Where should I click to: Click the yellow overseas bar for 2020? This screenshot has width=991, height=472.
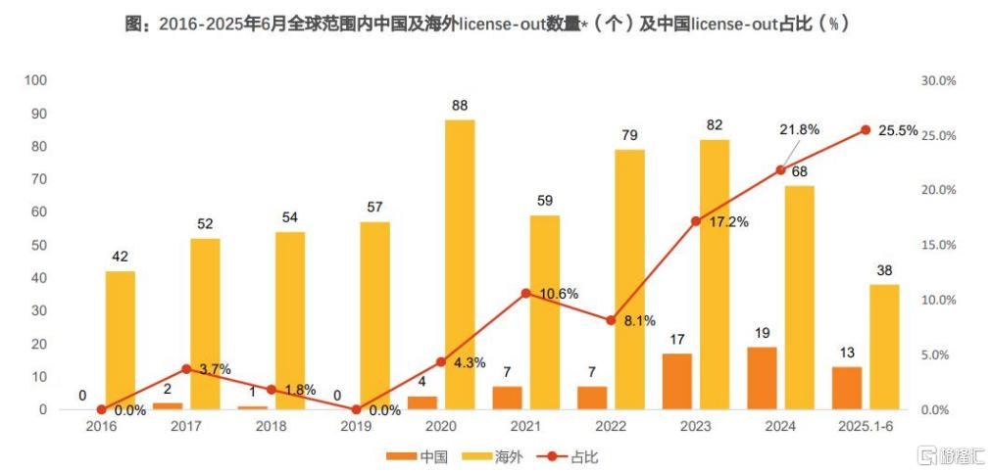[460, 264]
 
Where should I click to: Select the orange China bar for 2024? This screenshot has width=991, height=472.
[762, 378]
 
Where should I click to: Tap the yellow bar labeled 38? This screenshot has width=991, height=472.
[884, 347]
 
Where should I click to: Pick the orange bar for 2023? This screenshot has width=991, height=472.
[676, 381]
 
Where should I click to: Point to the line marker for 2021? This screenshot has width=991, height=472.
[526, 293]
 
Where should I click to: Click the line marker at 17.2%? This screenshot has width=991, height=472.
[696, 221]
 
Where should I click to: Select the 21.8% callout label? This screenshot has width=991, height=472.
[799, 129]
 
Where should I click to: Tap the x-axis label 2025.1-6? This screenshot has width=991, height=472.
[866, 427]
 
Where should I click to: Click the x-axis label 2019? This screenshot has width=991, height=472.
[356, 427]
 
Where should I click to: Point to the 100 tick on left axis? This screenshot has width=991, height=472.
[36, 80]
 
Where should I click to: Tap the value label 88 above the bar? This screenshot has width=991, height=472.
[460, 106]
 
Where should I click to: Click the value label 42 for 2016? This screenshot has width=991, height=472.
[120, 257]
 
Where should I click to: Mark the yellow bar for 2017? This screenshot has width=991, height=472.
[205, 323]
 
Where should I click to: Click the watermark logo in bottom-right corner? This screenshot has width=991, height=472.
[951, 456]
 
